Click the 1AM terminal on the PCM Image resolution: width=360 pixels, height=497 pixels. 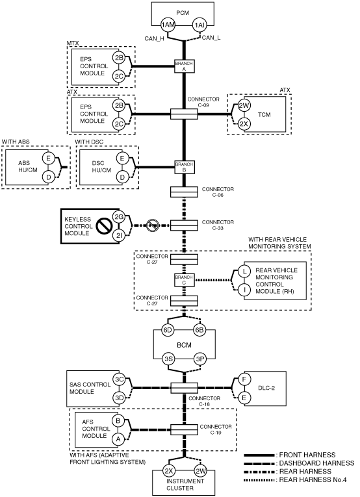[x=167, y=25]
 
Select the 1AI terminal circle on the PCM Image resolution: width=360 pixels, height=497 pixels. [x=199, y=25]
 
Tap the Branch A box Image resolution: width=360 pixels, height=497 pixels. [x=184, y=66]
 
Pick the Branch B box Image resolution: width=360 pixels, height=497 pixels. [x=184, y=167]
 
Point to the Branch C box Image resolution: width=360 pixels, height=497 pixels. [x=184, y=280]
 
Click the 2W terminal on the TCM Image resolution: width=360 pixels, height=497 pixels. [x=244, y=105]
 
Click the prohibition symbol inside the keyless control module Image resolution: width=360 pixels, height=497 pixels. [x=103, y=225]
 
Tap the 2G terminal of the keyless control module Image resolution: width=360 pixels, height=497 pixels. [x=119, y=217]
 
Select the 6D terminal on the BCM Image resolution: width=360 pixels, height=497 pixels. [x=167, y=330]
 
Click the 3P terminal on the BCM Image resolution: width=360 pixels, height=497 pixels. [x=200, y=359]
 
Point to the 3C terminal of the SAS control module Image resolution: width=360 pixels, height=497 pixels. [x=119, y=379]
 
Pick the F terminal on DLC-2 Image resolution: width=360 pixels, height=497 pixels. [x=244, y=379]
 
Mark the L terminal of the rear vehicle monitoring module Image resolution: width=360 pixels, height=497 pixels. [x=244, y=272]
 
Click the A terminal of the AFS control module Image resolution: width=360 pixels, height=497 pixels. [x=118, y=439]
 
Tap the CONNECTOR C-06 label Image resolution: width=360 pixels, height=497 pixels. [x=218, y=192]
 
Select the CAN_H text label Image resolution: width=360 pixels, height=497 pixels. [x=154, y=39]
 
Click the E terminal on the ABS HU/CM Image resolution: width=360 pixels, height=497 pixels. [x=48, y=158]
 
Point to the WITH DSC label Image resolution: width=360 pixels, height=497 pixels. [x=89, y=142]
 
